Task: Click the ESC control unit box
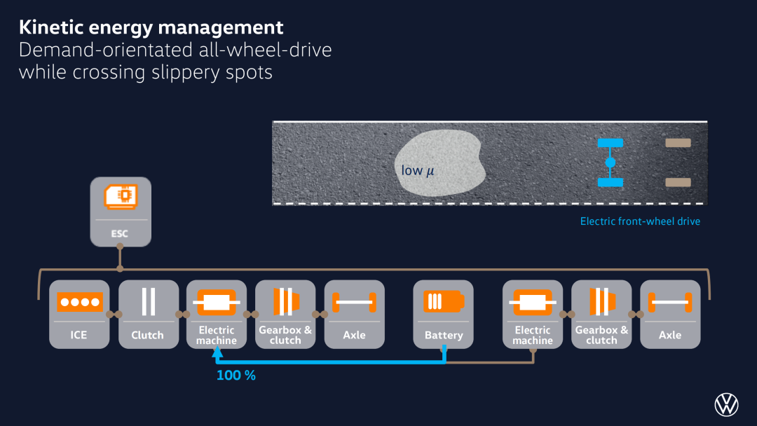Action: (x=121, y=212)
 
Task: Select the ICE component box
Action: (x=79, y=314)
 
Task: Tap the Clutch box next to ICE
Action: (x=148, y=314)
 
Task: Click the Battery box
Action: (x=443, y=314)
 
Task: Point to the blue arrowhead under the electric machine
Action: (x=217, y=352)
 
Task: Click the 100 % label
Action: (x=236, y=376)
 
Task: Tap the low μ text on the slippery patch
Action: (x=418, y=170)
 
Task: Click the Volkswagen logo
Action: (x=727, y=404)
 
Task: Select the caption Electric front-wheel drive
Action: (x=640, y=221)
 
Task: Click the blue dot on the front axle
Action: (x=611, y=163)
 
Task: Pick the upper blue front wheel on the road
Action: (x=611, y=143)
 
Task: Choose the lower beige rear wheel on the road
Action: (x=678, y=182)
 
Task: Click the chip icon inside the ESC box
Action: (x=121, y=196)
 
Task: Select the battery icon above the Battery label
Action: (x=444, y=301)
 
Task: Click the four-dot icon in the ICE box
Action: (x=80, y=302)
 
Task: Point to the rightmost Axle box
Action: (x=670, y=314)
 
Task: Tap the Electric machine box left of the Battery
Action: (x=217, y=314)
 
